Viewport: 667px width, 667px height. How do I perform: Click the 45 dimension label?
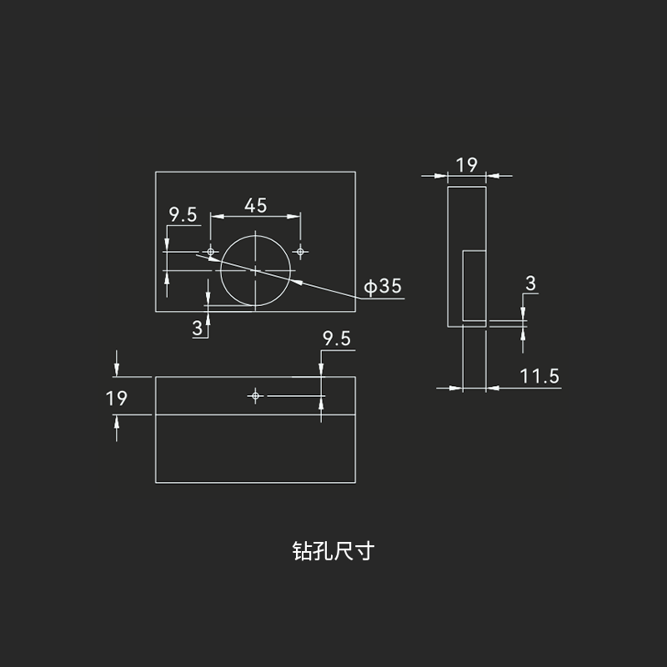click(x=255, y=205)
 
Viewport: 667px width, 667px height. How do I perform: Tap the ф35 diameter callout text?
click(x=383, y=286)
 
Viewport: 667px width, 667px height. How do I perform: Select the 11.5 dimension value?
click(x=539, y=376)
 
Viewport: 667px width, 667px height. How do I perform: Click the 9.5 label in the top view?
click(x=183, y=214)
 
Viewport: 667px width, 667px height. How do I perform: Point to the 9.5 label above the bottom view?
click(x=337, y=339)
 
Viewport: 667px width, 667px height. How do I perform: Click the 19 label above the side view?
click(x=467, y=165)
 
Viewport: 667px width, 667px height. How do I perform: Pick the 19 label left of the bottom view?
click(x=116, y=399)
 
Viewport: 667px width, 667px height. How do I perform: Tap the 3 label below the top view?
click(x=198, y=328)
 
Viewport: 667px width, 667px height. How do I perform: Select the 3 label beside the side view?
click(x=530, y=283)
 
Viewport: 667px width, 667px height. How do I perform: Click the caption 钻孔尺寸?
click(x=333, y=551)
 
